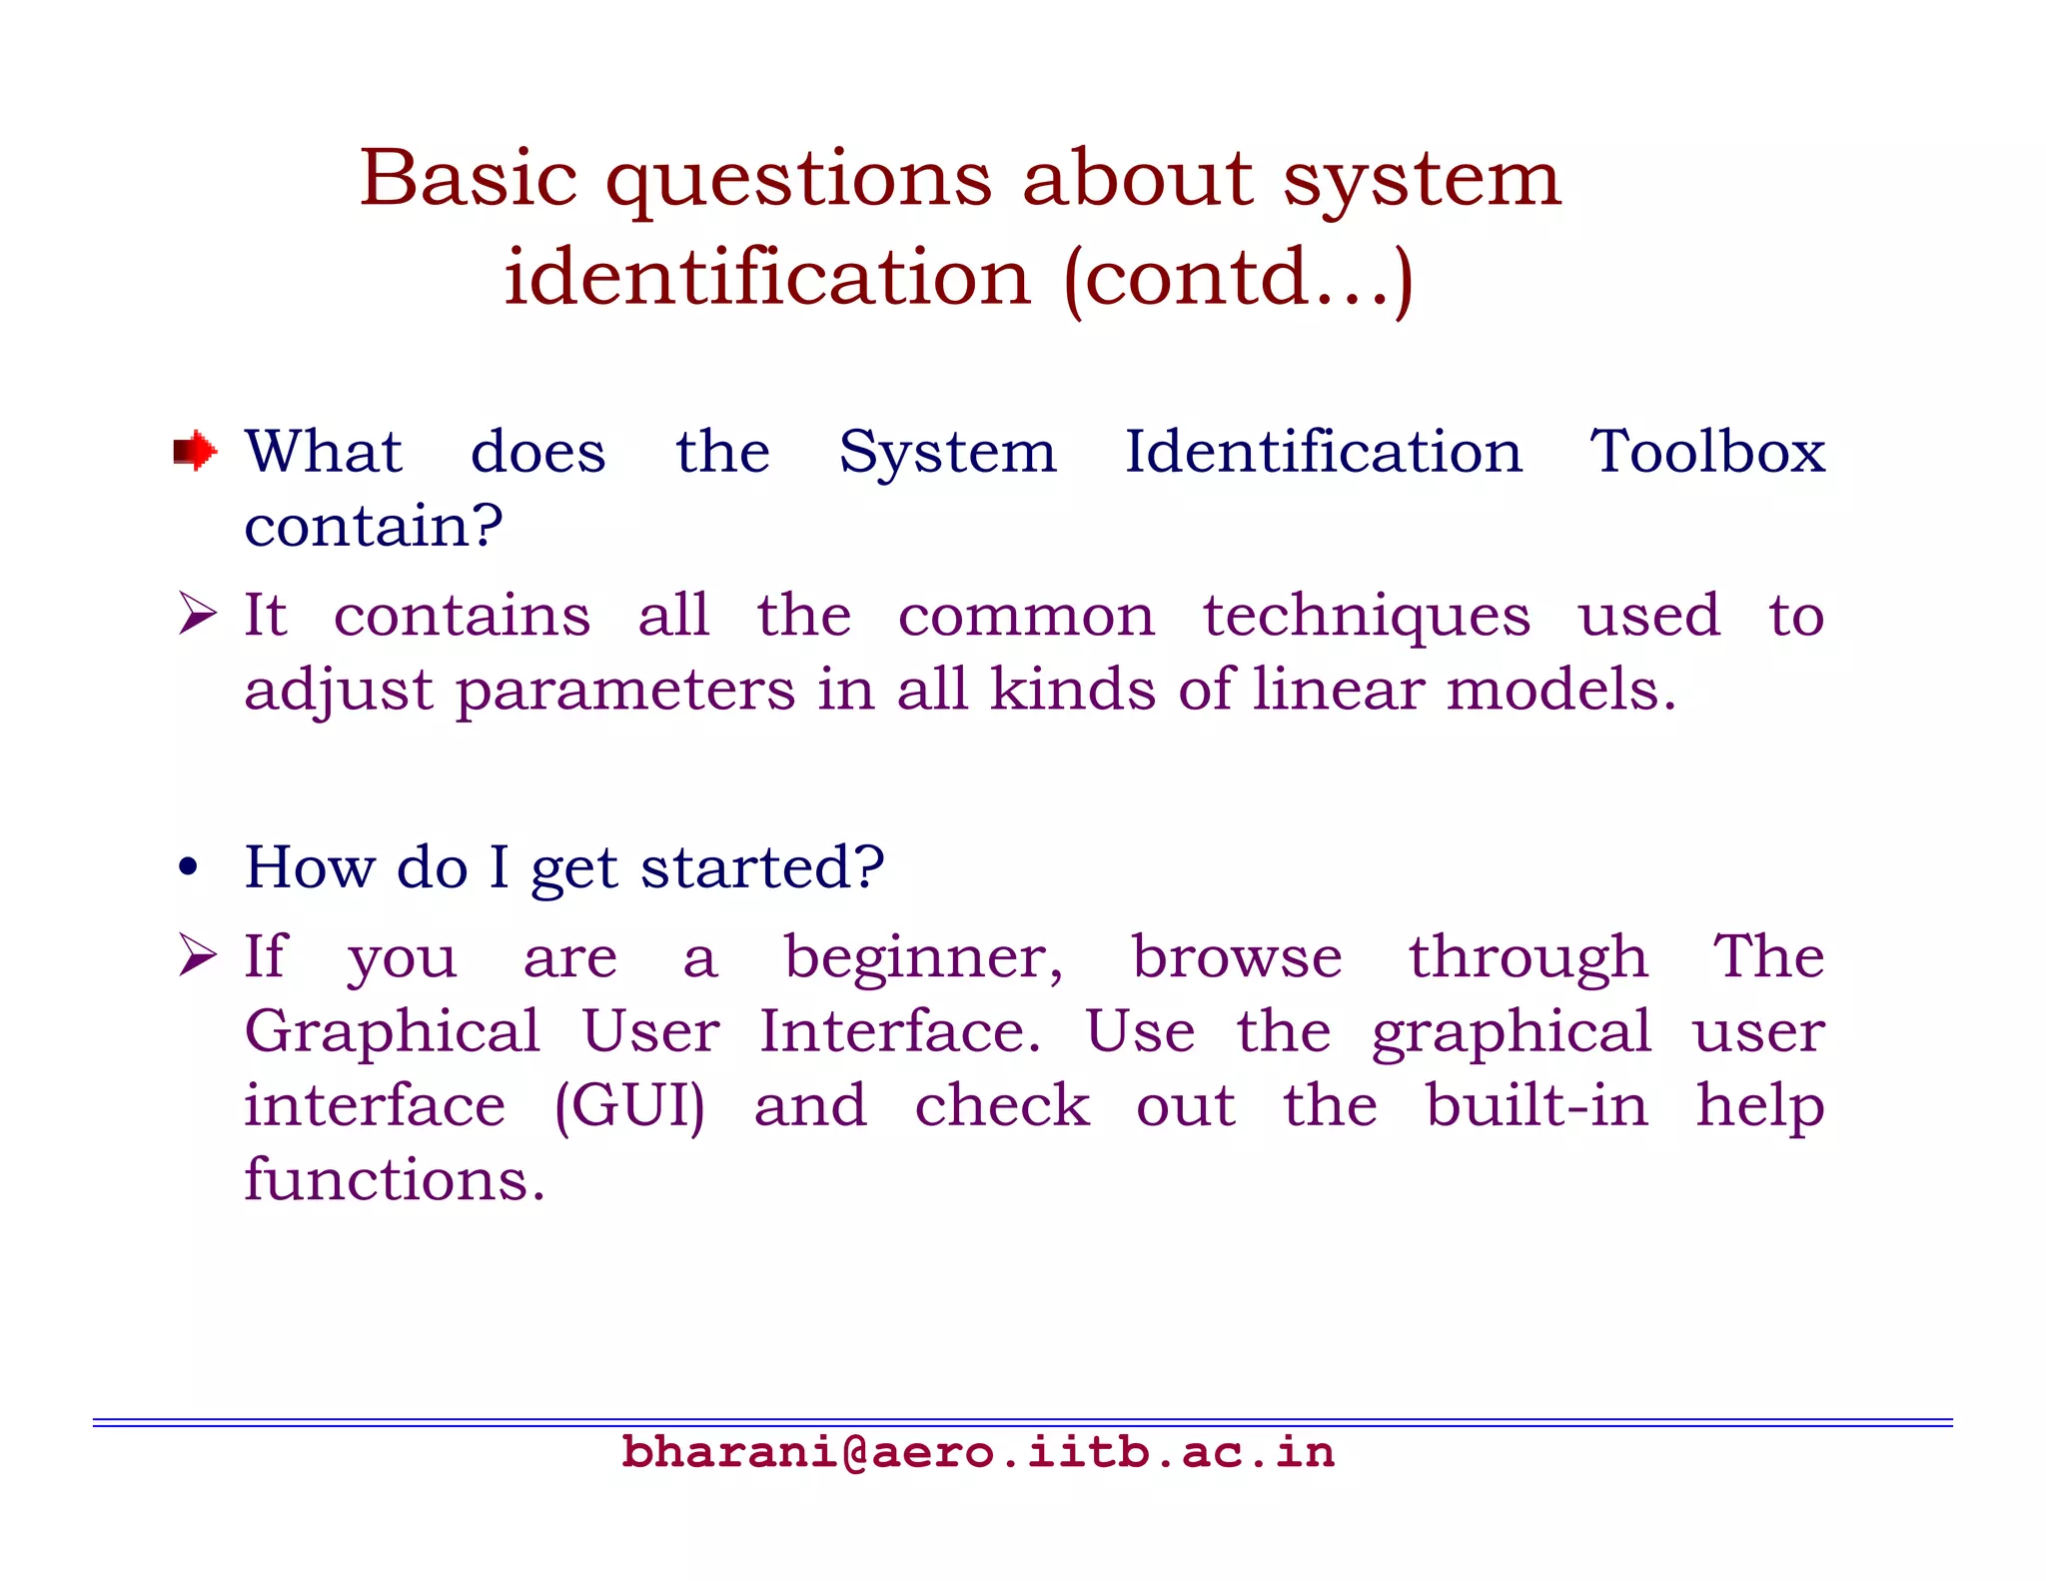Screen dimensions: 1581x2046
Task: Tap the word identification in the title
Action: (766, 278)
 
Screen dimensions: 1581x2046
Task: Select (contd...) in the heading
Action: (1239, 280)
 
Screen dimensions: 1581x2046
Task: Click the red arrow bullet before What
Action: (195, 451)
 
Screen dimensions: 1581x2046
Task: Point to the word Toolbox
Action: (1707, 452)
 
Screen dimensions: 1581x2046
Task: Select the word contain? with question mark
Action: (373, 526)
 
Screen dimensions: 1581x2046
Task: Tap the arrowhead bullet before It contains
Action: (197, 613)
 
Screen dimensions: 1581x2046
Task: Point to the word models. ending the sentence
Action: (1561, 690)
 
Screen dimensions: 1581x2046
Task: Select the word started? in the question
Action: (762, 867)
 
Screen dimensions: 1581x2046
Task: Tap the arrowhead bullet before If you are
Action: (197, 954)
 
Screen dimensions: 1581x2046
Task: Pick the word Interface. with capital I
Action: (899, 1031)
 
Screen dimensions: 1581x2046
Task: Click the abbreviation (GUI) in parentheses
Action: (629, 1107)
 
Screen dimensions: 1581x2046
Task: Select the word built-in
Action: (1536, 1105)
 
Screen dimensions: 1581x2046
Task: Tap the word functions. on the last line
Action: (395, 1180)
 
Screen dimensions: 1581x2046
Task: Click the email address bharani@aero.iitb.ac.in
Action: (977, 1452)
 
